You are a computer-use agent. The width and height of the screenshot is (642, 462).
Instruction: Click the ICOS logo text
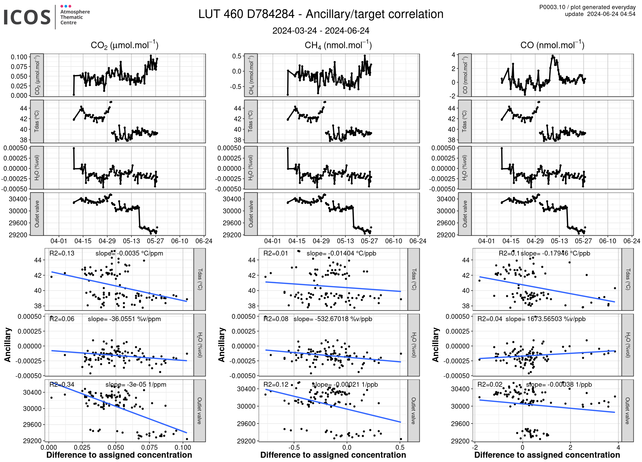27,17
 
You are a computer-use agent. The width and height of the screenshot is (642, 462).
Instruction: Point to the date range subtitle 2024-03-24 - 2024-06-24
321,31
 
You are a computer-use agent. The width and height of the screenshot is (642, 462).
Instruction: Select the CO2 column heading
124,45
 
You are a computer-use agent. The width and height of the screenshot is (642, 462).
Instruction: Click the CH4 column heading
338,45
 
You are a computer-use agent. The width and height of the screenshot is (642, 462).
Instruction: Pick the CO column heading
552,45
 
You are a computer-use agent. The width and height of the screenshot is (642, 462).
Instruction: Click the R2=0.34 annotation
62,384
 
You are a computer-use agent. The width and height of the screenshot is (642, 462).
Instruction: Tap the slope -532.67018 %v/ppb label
333,319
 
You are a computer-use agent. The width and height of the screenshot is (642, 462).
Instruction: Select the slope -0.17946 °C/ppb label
555,253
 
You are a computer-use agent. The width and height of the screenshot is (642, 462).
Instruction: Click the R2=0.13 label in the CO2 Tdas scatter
62,253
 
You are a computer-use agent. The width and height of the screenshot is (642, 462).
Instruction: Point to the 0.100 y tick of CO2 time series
19,57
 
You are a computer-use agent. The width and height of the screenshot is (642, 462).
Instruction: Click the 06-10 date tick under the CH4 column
393,241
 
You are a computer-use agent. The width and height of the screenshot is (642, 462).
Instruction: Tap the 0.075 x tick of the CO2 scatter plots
149,447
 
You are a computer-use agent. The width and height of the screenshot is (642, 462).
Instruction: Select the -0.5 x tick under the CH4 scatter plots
294,447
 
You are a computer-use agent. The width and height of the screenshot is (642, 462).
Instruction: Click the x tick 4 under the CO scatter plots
618,447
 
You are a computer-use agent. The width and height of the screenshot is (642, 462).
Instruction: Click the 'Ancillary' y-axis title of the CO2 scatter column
7,345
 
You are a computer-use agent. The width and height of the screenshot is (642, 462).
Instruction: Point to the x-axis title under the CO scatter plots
547,455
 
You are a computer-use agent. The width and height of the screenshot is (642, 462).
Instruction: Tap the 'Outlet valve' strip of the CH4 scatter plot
413,411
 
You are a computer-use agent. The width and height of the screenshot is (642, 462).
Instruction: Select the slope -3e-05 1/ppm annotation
136,384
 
